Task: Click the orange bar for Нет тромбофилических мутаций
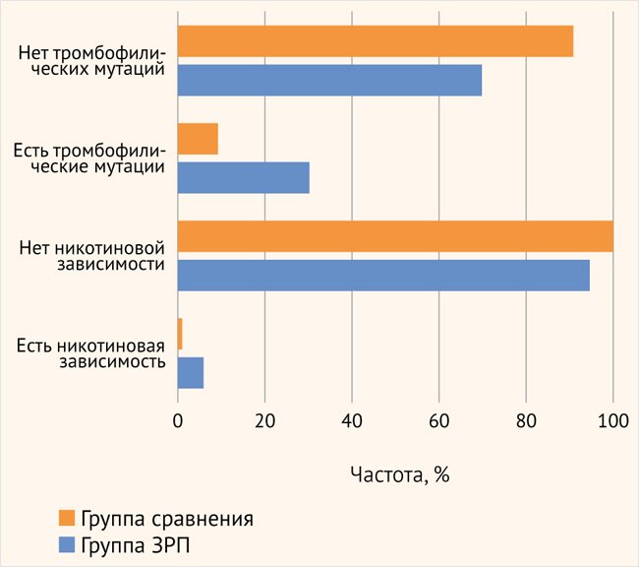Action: click(x=375, y=42)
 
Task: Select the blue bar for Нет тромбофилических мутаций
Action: click(x=329, y=80)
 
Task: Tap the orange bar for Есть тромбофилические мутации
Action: click(x=198, y=140)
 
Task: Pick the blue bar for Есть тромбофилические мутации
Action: click(x=243, y=177)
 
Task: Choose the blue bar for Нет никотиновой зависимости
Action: click(x=383, y=275)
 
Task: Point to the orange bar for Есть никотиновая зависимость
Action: click(x=180, y=334)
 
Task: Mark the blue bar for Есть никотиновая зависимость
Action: click(x=191, y=372)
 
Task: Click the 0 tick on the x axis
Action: click(x=178, y=421)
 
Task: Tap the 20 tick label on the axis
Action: click(x=264, y=421)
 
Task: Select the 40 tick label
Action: click(x=352, y=421)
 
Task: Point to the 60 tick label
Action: click(x=438, y=421)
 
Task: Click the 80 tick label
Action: click(x=526, y=421)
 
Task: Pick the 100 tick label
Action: click(x=612, y=421)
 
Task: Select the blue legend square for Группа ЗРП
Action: click(x=66, y=543)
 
